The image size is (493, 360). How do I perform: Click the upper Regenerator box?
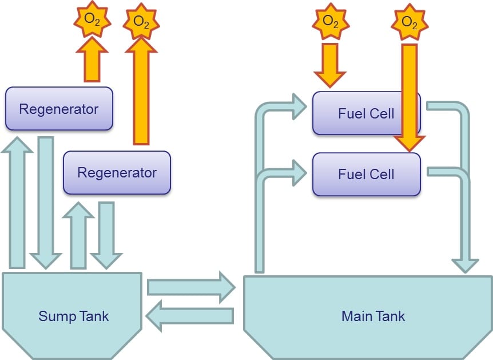click(x=59, y=109)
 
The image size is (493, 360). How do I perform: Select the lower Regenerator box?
click(x=117, y=172)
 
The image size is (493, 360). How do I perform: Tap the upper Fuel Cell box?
click(x=366, y=113)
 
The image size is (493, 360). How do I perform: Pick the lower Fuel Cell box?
click(x=366, y=174)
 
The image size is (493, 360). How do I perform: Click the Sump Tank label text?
click(x=73, y=316)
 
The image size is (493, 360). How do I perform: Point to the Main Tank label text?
click(x=373, y=316)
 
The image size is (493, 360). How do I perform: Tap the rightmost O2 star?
click(x=409, y=21)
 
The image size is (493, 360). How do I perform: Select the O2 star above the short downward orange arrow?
click(x=330, y=21)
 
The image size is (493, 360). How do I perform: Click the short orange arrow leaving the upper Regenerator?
click(x=92, y=60)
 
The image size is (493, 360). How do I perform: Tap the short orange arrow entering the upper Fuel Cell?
click(x=330, y=64)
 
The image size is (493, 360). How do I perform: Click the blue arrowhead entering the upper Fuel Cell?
click(x=297, y=106)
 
